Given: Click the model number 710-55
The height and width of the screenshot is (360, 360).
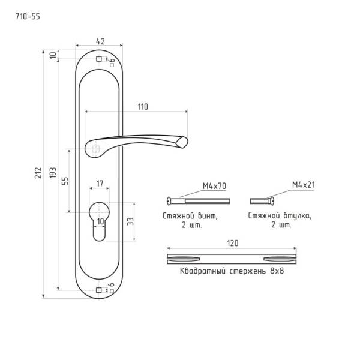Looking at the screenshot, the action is (28, 17).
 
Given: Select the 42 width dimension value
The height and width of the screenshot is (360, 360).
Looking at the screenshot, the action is (100, 41).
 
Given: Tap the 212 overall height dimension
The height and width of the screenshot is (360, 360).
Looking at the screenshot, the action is (38, 173).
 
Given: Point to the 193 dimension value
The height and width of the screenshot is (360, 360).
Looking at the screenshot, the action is (53, 172).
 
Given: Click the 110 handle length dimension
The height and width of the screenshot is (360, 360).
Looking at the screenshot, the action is (143, 107).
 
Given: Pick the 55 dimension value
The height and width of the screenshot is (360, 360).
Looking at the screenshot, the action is (65, 181).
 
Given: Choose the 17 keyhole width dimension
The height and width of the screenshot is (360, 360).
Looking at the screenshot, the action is (100, 184).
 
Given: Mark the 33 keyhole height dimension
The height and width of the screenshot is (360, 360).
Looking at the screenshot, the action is (130, 221).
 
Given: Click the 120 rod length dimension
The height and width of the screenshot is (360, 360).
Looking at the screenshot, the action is (233, 243).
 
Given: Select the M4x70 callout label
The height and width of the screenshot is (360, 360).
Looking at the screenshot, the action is (214, 186).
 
